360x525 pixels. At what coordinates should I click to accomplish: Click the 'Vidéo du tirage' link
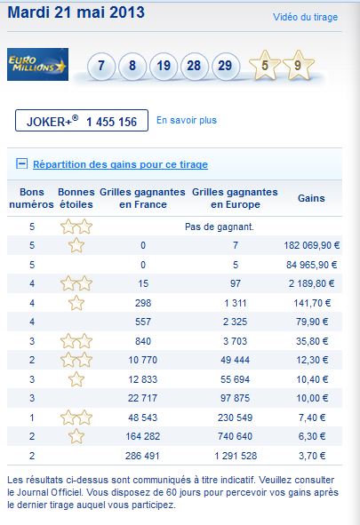point(306,17)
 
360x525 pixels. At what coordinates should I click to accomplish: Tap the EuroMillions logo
point(37,64)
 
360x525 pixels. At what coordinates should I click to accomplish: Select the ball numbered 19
point(164,66)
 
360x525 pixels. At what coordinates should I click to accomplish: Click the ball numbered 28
point(194,66)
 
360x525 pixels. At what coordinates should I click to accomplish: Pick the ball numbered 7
point(101,66)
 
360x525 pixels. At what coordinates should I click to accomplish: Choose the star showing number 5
point(265,65)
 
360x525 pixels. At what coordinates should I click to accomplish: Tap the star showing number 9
point(298,65)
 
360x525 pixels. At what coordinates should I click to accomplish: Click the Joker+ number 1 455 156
point(111,122)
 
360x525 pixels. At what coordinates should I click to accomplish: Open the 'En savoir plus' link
point(187,120)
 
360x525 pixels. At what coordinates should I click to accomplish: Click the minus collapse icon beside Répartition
point(22,163)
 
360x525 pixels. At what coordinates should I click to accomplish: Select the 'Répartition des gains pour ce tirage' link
point(120,164)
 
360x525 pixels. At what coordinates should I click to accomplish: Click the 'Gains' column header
point(311,198)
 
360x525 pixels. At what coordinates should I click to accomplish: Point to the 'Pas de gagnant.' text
point(220,227)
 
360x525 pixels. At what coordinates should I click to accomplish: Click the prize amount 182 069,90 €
point(312,245)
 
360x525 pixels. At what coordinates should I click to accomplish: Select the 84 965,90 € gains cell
point(312,265)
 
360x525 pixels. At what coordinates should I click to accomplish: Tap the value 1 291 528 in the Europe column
point(236,456)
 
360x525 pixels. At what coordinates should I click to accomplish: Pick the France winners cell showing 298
point(143,303)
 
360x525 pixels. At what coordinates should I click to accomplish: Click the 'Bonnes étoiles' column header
point(76,198)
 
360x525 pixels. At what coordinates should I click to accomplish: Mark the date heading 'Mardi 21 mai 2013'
point(76,12)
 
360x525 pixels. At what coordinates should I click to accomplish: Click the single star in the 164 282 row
point(76,436)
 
